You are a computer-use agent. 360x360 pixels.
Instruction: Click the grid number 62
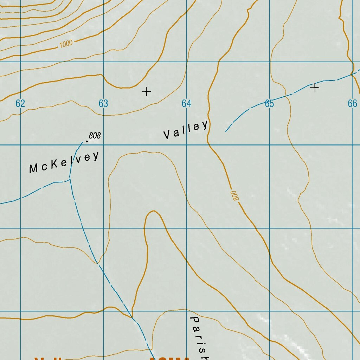(x=20, y=103)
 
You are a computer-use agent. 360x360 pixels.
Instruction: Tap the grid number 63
(x=103, y=103)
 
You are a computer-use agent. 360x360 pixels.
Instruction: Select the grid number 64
(x=186, y=103)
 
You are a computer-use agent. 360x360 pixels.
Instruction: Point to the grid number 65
(x=269, y=103)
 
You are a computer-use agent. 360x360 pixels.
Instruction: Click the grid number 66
(x=352, y=103)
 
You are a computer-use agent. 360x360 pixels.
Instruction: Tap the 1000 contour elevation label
(x=66, y=44)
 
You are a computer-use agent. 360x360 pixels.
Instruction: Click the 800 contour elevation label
(x=234, y=196)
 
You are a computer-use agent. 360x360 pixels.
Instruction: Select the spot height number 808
(x=95, y=135)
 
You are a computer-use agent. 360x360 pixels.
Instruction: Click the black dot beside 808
(x=87, y=141)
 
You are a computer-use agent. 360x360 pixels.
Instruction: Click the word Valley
(x=186, y=130)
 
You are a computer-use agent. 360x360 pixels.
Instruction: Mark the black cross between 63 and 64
(x=146, y=92)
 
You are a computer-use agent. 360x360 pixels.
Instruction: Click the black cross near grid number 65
(x=315, y=88)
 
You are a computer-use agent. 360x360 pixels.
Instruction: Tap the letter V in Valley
(x=167, y=135)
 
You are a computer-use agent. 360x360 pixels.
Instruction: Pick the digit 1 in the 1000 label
(x=60, y=45)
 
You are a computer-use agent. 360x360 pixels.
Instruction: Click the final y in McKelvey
(x=96, y=156)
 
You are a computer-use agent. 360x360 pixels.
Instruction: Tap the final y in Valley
(x=204, y=125)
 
